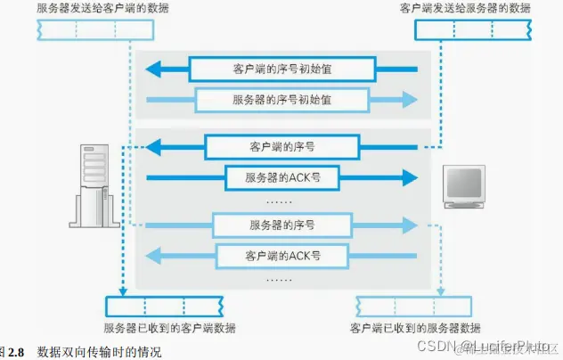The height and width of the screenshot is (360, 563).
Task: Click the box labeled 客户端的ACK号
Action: tap(281, 256)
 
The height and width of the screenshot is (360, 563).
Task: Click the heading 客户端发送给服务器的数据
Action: tap(465, 8)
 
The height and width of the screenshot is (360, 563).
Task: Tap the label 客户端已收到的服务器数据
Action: tap(416, 328)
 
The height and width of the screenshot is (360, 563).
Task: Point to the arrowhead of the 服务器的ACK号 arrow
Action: tap(409, 177)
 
